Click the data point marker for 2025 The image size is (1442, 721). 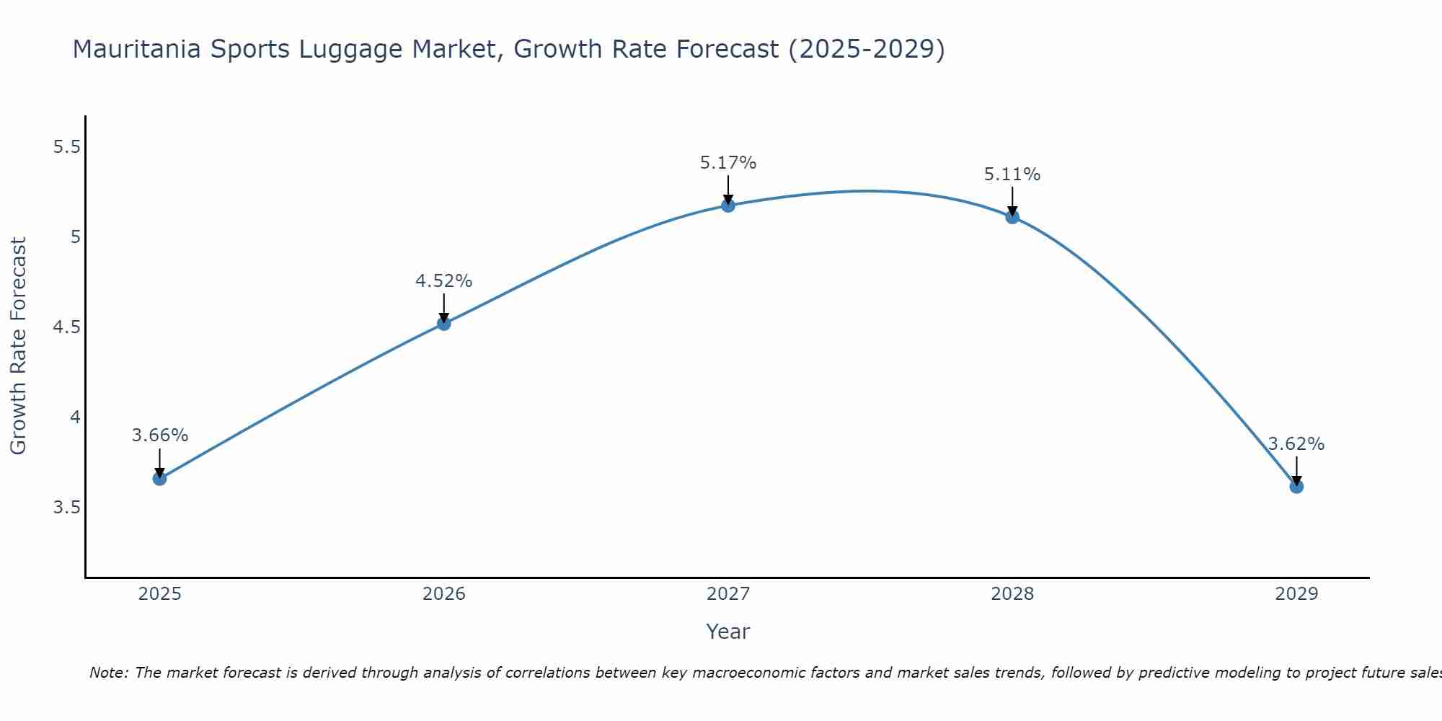(159, 479)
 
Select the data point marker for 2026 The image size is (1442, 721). (444, 324)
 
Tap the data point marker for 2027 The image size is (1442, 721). (728, 206)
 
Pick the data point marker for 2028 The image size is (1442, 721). (1012, 217)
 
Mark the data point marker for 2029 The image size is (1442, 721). (1296, 487)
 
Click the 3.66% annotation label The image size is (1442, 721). (160, 435)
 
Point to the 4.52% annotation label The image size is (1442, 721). (444, 281)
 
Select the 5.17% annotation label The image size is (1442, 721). (728, 163)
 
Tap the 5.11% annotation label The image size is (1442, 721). (1012, 174)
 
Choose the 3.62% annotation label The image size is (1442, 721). (1296, 444)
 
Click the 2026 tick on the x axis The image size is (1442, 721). (444, 594)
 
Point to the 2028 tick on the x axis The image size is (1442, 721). (1012, 594)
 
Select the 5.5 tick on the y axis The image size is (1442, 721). (66, 147)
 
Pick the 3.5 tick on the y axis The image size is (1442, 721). (66, 508)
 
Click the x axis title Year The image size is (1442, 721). (728, 632)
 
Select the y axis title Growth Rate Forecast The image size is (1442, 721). (19, 346)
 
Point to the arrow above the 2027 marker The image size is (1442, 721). (728, 189)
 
